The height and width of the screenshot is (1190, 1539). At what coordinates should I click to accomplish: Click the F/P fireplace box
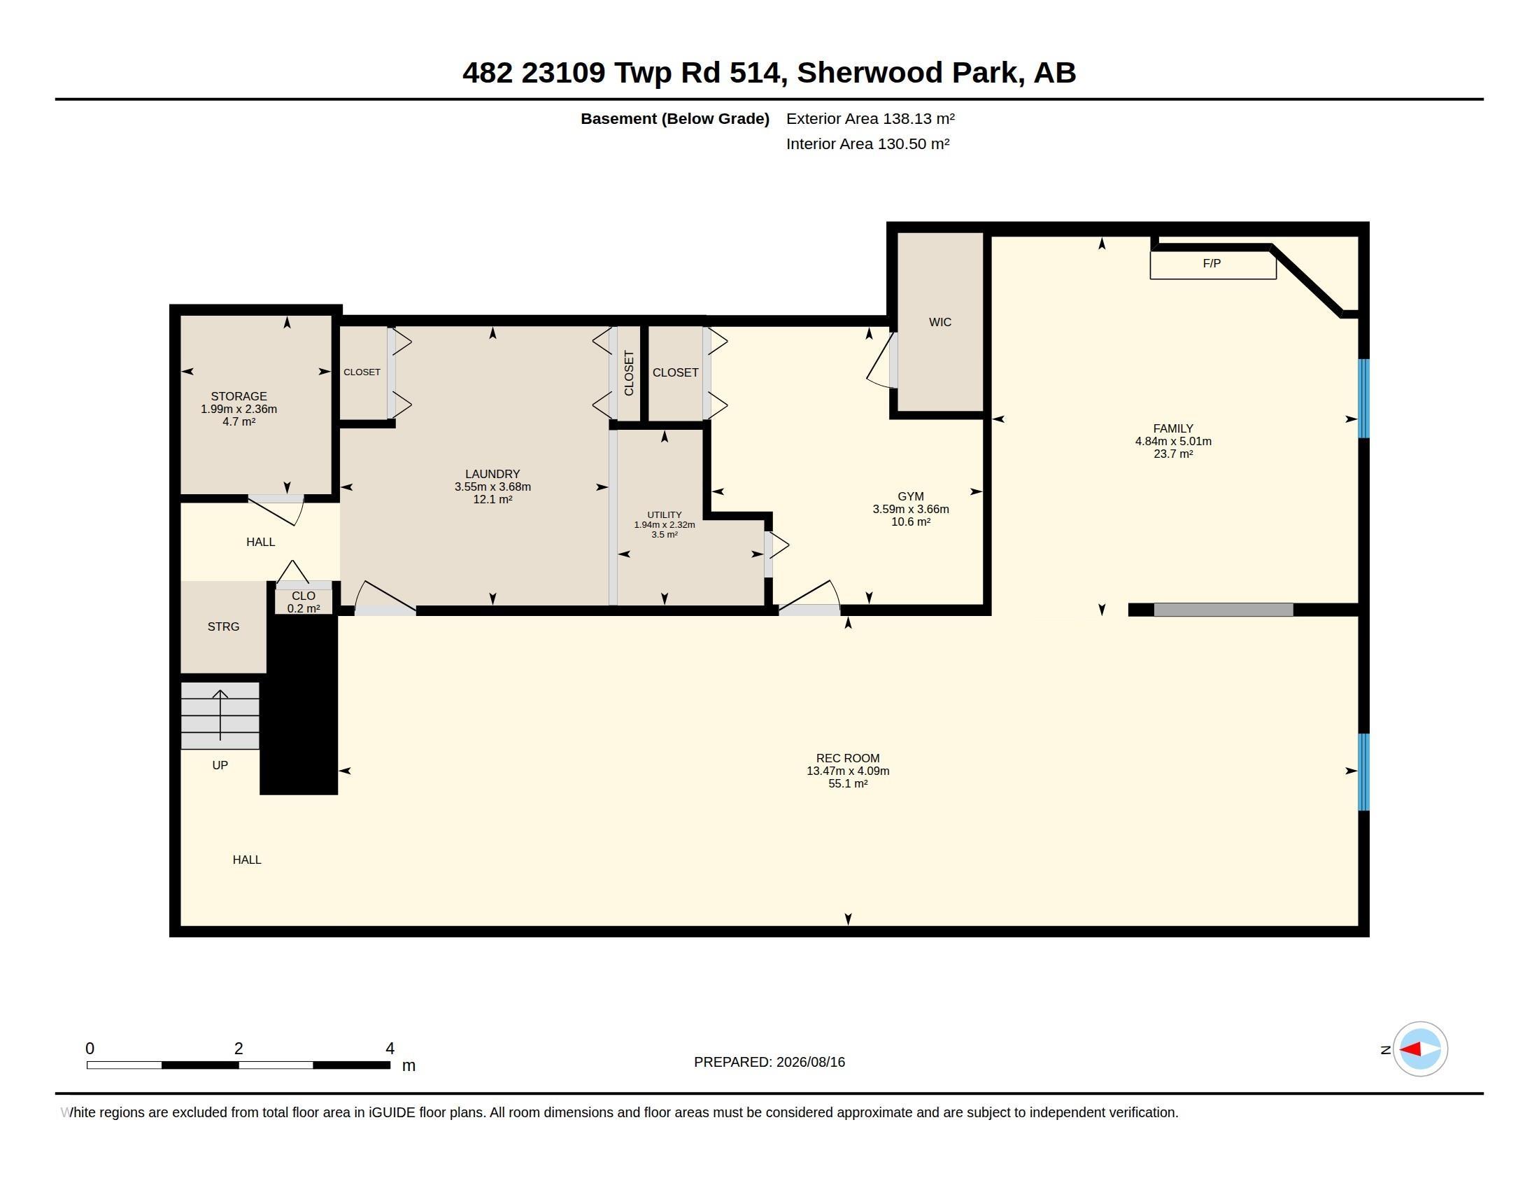coord(1213,265)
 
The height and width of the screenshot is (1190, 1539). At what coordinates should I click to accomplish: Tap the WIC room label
coord(940,322)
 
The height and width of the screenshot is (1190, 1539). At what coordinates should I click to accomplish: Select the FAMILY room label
coord(1173,428)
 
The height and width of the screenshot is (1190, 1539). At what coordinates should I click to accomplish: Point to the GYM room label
coord(911,496)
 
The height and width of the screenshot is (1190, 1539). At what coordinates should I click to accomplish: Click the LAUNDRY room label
coord(492,474)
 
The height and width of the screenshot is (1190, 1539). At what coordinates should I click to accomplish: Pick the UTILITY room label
coord(665,514)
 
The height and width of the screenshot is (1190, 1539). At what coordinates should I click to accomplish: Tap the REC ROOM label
coord(848,759)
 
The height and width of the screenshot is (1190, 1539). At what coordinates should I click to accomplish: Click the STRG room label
coord(223,626)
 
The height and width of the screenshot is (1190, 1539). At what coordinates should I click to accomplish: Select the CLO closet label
coord(304,596)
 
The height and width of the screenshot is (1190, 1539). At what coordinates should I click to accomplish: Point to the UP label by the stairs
coord(220,765)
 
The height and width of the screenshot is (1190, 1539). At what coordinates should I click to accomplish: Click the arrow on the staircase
coord(220,715)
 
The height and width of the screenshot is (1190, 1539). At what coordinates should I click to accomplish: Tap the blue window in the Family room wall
coord(1363,398)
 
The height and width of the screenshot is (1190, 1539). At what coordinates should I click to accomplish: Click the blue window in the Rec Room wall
coord(1363,772)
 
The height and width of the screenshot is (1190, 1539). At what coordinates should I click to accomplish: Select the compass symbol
coord(1420,1049)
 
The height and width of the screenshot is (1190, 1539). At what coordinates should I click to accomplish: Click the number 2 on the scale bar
coord(239,1049)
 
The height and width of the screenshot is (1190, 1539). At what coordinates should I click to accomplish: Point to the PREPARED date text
coord(769,1062)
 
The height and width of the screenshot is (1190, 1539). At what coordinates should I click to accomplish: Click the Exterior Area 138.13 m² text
coord(870,118)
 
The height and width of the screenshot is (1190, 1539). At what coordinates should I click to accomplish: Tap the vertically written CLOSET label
coord(630,373)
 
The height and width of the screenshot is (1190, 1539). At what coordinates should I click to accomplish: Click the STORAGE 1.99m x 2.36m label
coord(239,402)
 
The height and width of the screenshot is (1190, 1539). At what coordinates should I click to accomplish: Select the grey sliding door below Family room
coord(1224,610)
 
